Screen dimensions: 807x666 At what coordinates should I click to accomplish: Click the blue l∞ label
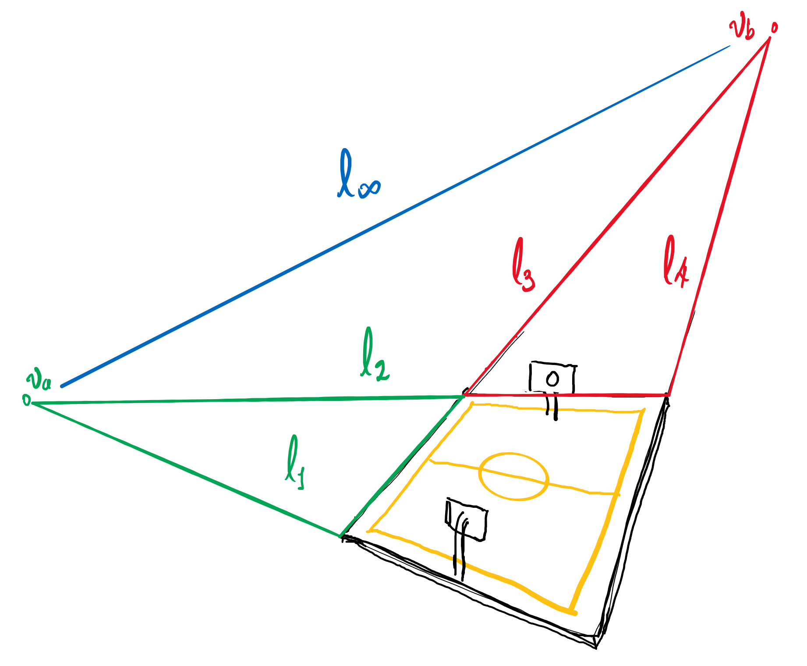click(x=358, y=174)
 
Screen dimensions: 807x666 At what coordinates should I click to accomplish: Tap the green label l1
click(x=294, y=462)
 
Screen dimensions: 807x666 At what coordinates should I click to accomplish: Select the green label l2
click(x=375, y=354)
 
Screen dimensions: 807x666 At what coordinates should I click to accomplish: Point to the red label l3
click(x=524, y=264)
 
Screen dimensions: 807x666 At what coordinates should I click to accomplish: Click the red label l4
click(x=676, y=262)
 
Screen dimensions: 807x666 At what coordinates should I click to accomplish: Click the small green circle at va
click(x=27, y=400)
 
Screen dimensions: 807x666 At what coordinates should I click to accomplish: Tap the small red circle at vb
click(x=774, y=28)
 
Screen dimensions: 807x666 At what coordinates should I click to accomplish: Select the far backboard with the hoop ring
click(x=552, y=377)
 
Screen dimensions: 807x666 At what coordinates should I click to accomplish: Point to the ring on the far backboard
click(x=552, y=378)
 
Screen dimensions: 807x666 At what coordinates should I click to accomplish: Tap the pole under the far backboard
click(x=552, y=406)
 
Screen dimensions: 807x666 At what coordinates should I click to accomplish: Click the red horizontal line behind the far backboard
click(x=567, y=395)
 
